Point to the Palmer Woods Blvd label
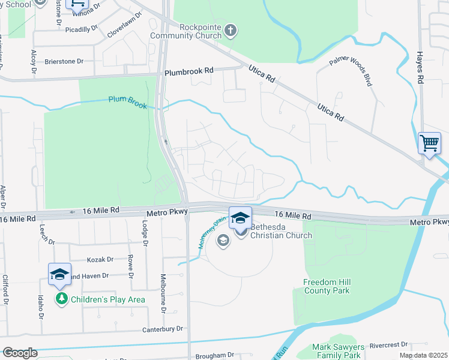point(350,71)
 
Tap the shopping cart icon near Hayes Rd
point(429,144)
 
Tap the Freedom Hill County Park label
point(326,286)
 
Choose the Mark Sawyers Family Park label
point(339,351)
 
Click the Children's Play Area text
point(108,299)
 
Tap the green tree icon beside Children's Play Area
point(61,298)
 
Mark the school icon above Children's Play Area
point(60,274)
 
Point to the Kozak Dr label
point(101,259)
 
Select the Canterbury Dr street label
point(162,329)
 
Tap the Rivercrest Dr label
point(388,345)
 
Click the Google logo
point(20,353)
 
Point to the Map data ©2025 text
point(423,355)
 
